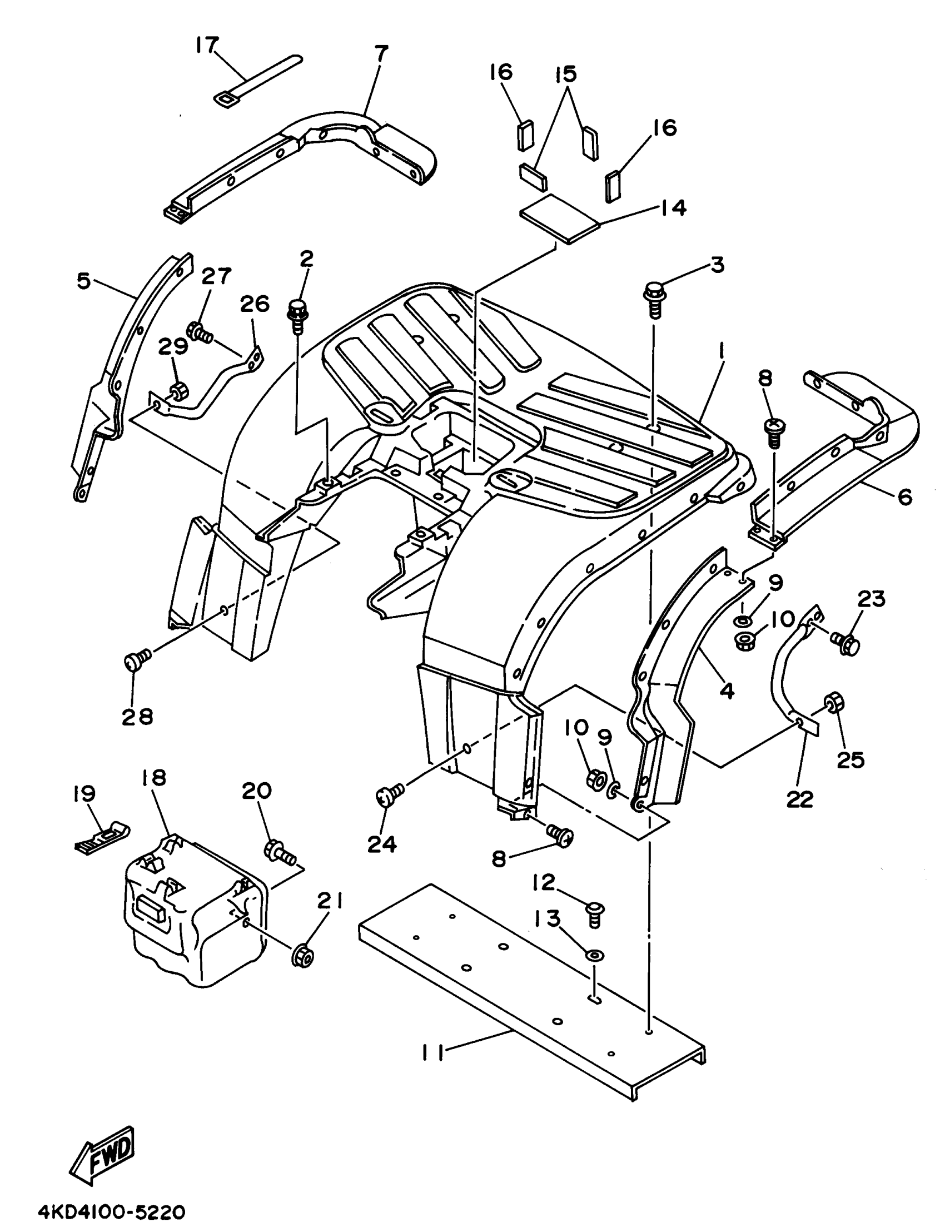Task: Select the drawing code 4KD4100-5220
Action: [111, 1210]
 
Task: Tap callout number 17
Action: [207, 46]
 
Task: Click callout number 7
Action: [381, 54]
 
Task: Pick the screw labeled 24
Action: [389, 794]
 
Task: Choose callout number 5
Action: [83, 281]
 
